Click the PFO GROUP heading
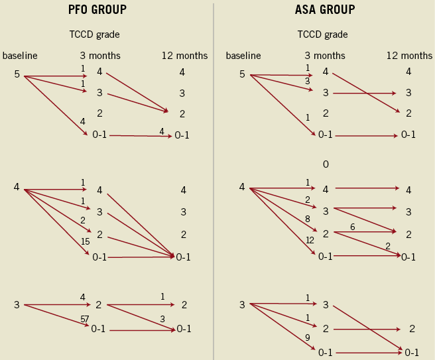pyautogui.click(x=97, y=10)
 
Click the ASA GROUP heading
pyautogui.click(x=324, y=10)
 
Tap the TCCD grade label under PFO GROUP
pyautogui.click(x=94, y=34)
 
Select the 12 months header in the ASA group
pyautogui.click(x=409, y=56)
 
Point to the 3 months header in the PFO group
pyautogui.click(x=101, y=56)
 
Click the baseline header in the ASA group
pyautogui.click(x=243, y=56)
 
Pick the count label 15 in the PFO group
pyautogui.click(x=85, y=242)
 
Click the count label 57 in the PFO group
pyautogui.click(x=84, y=319)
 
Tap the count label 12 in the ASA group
pyautogui.click(x=309, y=240)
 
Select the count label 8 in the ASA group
pyautogui.click(x=308, y=218)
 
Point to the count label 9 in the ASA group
pyautogui.click(x=307, y=337)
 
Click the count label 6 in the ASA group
pyautogui.click(x=352, y=227)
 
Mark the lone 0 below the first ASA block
pyautogui.click(x=326, y=164)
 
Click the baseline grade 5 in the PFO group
pyautogui.click(x=17, y=74)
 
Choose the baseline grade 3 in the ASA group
pyautogui.click(x=242, y=304)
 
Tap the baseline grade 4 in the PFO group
pyautogui.click(x=17, y=187)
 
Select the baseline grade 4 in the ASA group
pyautogui.click(x=242, y=188)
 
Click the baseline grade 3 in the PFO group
pyautogui.click(x=17, y=305)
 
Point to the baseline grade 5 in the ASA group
pyautogui.click(x=242, y=74)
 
